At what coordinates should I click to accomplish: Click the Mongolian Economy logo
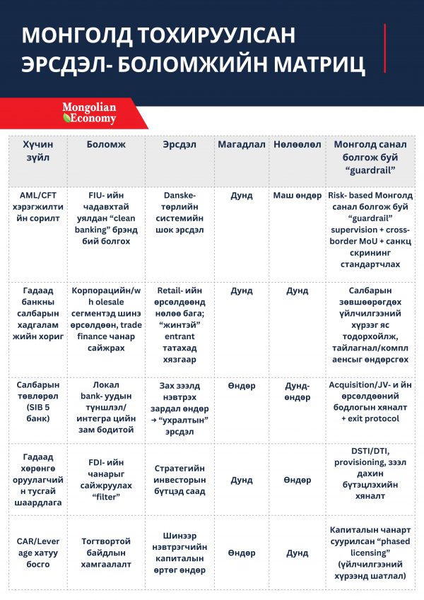pyautogui.click(x=89, y=113)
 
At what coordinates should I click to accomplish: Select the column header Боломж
pyautogui.click(x=106, y=144)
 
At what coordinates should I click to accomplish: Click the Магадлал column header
pyautogui.click(x=241, y=144)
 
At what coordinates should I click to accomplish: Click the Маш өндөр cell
pyautogui.click(x=297, y=196)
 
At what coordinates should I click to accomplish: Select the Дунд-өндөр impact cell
pyautogui.click(x=297, y=392)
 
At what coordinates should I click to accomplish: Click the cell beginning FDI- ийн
pyautogui.click(x=106, y=480)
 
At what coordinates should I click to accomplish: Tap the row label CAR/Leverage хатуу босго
pyautogui.click(x=36, y=553)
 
